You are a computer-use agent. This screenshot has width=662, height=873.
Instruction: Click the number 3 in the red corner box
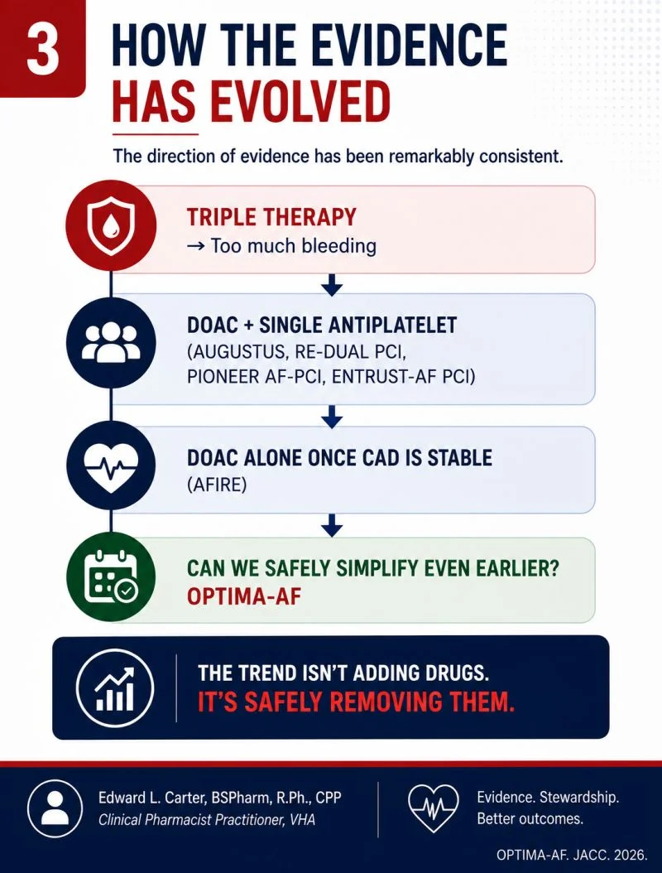point(42,48)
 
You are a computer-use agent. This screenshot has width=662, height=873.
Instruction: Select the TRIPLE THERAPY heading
point(271,217)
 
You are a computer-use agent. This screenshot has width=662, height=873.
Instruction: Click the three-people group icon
point(111,342)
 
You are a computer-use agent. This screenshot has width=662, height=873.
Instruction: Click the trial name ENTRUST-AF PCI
point(403,377)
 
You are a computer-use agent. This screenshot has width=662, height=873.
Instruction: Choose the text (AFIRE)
point(217,485)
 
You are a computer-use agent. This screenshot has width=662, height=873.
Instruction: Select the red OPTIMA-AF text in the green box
point(243,596)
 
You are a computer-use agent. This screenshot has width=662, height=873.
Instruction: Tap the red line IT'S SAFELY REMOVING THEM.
point(356,702)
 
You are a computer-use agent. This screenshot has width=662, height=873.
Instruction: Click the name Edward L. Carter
point(151,798)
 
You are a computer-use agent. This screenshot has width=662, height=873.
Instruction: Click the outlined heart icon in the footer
point(434,808)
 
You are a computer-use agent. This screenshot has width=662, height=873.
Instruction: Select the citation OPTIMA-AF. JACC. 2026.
point(572,855)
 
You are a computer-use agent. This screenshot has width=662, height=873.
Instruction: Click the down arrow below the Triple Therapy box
point(332,284)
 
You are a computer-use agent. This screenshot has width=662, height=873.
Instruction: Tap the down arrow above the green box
point(332,525)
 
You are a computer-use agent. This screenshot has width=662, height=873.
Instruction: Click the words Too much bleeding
point(294,245)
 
